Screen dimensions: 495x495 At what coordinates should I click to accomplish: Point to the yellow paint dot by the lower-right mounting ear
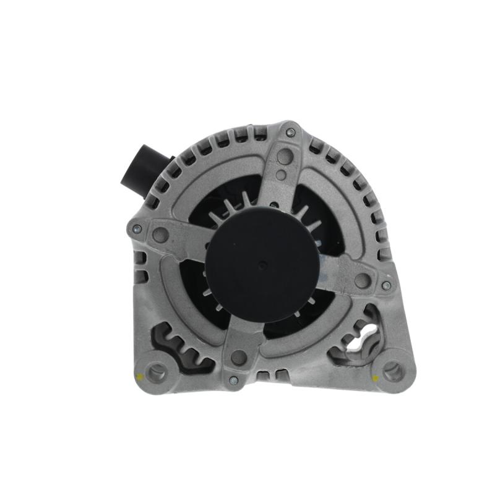pos(375,377)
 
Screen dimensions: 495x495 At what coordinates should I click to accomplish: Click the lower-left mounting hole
pos(156,371)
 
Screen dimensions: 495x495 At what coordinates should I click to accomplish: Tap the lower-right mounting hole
pos(391,372)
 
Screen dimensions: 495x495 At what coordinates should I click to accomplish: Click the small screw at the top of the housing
pos(290,132)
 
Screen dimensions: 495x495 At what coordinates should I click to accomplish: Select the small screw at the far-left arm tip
pos(137,228)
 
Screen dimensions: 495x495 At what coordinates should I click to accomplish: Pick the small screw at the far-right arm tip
pos(386,285)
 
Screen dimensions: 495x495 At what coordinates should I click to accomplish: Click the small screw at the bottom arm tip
pos(233,379)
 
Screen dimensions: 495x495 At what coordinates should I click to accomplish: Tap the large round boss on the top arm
pos(284,157)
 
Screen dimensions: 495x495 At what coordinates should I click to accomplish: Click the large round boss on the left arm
pos(160,235)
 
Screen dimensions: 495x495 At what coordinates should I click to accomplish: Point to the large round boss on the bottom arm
pos(239,357)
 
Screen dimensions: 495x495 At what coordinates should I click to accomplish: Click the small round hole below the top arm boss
pos(281,175)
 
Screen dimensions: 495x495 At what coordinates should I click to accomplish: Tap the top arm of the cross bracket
pos(282,179)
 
